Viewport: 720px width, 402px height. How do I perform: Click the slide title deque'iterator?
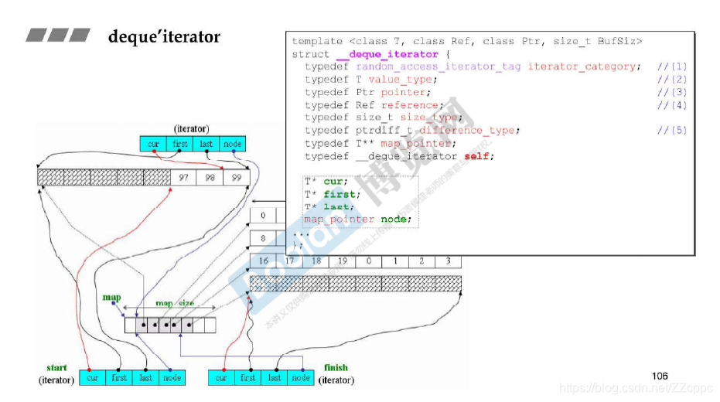(164, 37)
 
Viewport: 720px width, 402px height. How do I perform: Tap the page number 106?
(660, 376)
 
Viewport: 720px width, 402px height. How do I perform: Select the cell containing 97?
(183, 178)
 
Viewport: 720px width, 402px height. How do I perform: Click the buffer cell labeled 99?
(236, 178)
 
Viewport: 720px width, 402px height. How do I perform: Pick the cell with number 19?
(342, 261)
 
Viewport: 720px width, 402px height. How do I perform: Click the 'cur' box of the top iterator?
(153, 144)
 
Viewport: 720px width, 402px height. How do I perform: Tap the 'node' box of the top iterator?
(232, 144)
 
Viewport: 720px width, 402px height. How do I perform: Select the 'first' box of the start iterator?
(119, 378)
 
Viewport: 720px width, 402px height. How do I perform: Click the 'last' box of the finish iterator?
(275, 378)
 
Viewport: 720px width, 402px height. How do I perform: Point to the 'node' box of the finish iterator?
(301, 378)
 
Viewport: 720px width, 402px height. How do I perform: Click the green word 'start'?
(56, 368)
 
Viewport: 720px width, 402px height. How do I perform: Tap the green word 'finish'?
(336, 368)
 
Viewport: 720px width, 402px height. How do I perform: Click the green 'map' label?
(112, 298)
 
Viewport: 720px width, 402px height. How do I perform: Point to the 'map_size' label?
(175, 304)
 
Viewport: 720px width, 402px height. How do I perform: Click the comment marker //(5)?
(671, 131)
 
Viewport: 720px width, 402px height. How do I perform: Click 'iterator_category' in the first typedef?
(584, 66)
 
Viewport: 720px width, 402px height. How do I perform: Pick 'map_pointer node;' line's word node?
(396, 219)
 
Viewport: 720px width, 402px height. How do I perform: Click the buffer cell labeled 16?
(264, 261)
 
